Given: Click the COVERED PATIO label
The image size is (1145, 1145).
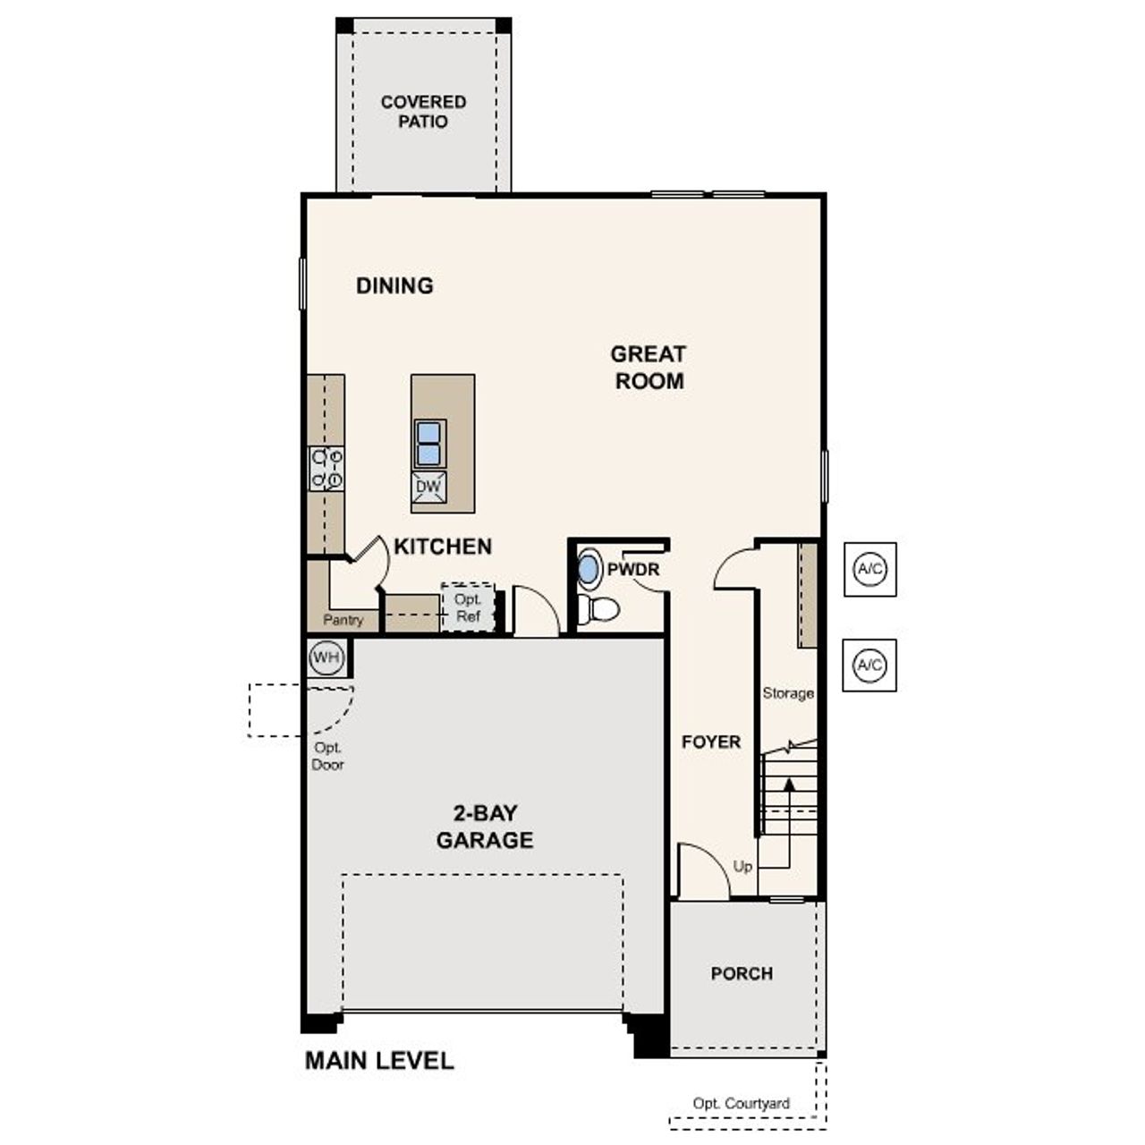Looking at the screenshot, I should [423, 112].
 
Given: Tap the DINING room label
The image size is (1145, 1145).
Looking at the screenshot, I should [394, 285].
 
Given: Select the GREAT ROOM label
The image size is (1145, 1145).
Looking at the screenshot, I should [649, 367].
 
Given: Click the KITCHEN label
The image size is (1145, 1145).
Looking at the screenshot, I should [443, 546].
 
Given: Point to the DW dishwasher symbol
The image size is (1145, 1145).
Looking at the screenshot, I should [429, 487].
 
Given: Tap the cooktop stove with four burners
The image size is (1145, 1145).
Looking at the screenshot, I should [327, 469].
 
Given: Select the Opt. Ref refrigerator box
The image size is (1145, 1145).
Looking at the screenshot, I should [468, 607].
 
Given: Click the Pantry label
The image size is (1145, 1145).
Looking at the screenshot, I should [343, 620].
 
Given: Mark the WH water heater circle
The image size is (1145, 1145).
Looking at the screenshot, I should [326, 658].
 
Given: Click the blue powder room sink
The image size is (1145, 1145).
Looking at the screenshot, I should [589, 569].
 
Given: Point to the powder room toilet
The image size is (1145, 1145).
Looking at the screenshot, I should [598, 609].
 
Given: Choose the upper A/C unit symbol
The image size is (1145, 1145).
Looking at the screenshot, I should [869, 569].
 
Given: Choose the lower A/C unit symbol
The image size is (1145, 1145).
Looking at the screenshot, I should [869, 666].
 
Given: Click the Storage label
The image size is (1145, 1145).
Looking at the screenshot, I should [788, 693].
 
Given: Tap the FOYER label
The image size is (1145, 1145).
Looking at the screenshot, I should [711, 742].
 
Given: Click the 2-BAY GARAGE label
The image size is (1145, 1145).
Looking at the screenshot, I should [485, 827].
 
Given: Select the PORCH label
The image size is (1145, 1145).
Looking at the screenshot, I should [742, 973].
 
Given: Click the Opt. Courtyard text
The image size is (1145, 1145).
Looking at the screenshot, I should [742, 1104].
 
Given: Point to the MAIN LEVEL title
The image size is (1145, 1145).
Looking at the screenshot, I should [379, 1061].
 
